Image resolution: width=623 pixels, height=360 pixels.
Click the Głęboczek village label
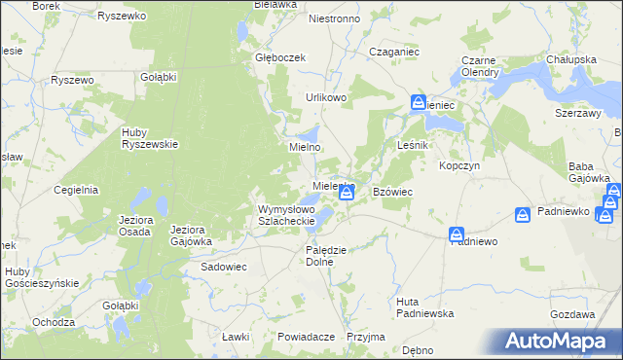(x=280, y=57)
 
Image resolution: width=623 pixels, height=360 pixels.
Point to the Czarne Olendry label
(x=480, y=66)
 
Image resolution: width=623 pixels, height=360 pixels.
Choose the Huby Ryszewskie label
(x=149, y=138)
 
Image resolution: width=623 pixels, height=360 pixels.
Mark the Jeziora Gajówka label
(x=191, y=235)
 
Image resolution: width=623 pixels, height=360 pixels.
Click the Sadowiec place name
(x=224, y=266)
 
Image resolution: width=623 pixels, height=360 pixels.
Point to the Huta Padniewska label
(x=421, y=307)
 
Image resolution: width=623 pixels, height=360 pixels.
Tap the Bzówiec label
(x=393, y=193)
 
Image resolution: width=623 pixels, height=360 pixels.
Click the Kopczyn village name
(x=459, y=165)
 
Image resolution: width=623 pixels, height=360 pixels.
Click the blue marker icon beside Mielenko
(x=346, y=195)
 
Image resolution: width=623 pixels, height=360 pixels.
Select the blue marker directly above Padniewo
(x=457, y=234)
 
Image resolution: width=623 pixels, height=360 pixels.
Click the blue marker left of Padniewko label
(x=523, y=213)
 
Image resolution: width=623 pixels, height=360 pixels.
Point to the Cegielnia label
(x=78, y=190)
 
